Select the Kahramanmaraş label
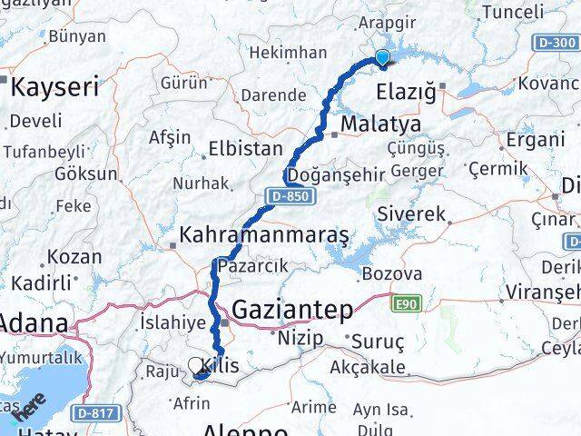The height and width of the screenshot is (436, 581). [264, 234]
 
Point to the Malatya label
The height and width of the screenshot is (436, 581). [380, 124]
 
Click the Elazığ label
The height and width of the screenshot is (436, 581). [406, 93]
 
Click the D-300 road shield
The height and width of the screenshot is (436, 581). [556, 43]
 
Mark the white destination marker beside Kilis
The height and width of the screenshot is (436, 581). [197, 366]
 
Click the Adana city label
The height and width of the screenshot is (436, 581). [33, 322]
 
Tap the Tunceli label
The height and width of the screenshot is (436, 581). [513, 12]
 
